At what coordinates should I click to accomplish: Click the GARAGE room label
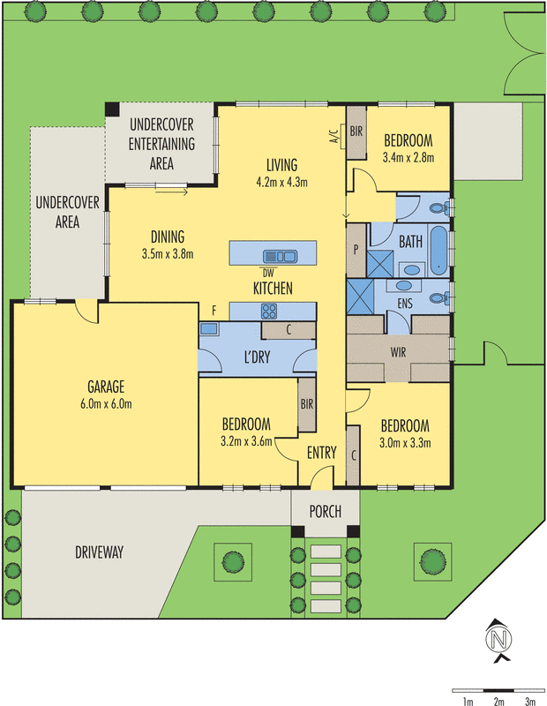106,387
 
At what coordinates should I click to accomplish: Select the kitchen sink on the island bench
280,257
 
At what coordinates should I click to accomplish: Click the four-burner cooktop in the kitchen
269,312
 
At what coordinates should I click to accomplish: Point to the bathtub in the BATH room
438,251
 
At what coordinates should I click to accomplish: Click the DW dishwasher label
268,274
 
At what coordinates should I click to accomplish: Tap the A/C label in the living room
333,137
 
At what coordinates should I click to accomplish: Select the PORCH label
325,512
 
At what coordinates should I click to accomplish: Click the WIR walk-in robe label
398,351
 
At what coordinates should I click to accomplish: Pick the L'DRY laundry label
257,357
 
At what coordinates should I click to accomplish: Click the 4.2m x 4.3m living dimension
281,182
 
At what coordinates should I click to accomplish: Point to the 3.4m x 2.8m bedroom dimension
408,158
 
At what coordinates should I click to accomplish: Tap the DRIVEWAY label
99,552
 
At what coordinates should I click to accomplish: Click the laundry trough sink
209,328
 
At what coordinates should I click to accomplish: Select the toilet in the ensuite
439,297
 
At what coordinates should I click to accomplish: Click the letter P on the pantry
356,250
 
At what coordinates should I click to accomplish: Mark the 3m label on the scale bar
530,701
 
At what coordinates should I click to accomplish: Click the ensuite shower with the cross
360,297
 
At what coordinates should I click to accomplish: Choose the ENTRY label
321,453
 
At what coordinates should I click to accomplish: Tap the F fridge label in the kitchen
214,311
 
